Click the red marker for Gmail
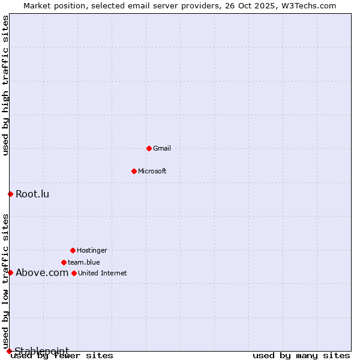click(149, 148)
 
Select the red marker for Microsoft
click(134, 171)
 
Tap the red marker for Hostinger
click(73, 250)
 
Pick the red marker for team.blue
click(64, 262)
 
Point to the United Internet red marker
click(74, 273)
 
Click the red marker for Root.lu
click(10, 194)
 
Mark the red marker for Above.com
click(10, 272)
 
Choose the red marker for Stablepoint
click(9, 351)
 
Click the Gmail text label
click(162, 148)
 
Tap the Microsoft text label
click(152, 171)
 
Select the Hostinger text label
click(92, 250)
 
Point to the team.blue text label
click(84, 262)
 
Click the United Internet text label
click(103, 273)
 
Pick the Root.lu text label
click(32, 194)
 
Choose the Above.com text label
click(42, 272)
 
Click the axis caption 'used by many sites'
click(301, 356)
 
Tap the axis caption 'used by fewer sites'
click(62, 356)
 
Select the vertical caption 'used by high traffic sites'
click(6, 85)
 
